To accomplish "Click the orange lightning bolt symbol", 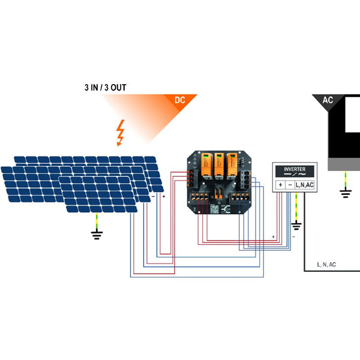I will tap(121, 133).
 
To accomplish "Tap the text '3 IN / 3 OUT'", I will tap(105, 88).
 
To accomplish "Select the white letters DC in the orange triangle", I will tap(179, 100).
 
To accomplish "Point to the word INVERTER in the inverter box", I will tap(295, 170).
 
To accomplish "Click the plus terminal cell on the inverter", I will tap(281, 185).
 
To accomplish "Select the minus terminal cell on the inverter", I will tap(290, 185).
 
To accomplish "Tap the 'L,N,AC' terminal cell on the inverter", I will tap(304, 185).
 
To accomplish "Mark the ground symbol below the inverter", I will tap(296, 226).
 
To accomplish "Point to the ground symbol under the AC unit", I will tap(345, 193).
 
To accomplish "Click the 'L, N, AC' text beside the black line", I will tap(326, 264).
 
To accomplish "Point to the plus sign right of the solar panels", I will tap(163, 196).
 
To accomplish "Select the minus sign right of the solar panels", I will tap(153, 196).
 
